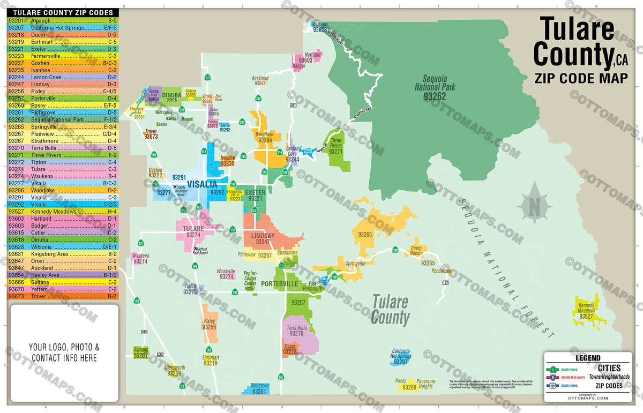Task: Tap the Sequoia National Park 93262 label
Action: tap(434, 88)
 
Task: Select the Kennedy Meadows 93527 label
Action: tap(586, 311)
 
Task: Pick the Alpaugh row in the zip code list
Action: tap(63, 20)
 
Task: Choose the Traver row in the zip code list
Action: tap(63, 296)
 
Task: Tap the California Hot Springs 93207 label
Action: tap(401, 356)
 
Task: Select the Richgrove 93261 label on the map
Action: tap(259, 388)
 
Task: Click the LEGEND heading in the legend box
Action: tap(587, 358)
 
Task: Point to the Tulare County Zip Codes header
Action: tap(63, 12)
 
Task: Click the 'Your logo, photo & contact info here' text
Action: tap(64, 352)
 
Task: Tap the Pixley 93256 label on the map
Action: tap(209, 324)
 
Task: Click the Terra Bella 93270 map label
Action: tap(296, 331)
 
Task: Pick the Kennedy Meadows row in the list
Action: tap(63, 212)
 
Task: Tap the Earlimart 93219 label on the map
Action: tap(211, 360)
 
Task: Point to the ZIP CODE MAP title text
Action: tap(581, 78)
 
